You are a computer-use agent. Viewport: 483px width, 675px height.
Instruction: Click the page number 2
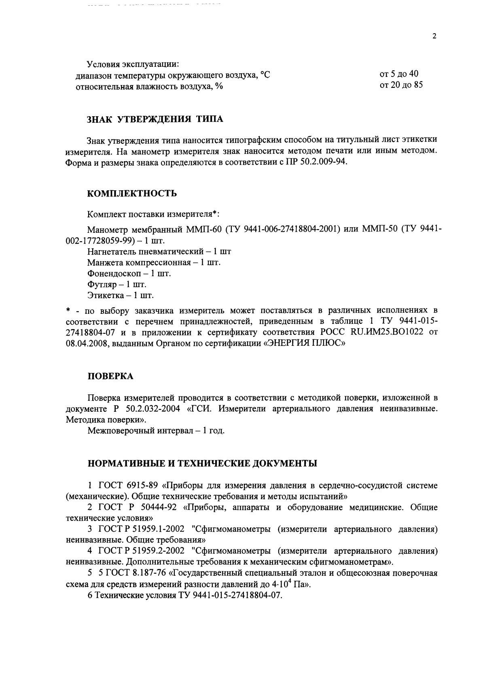pyautogui.click(x=434, y=36)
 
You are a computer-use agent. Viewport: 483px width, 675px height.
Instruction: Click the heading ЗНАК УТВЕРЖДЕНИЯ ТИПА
pyautogui.click(x=155, y=119)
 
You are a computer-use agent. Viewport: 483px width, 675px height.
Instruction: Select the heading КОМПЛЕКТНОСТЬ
pyautogui.click(x=132, y=193)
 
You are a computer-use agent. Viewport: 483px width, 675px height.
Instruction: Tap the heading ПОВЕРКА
pyautogui.click(x=110, y=376)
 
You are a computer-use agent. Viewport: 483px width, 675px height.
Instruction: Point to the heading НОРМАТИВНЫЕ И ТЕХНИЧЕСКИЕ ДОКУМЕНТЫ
pyautogui.click(x=202, y=463)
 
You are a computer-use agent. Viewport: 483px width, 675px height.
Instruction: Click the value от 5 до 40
pyautogui.click(x=398, y=74)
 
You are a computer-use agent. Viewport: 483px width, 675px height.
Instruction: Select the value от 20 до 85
pyautogui.click(x=401, y=85)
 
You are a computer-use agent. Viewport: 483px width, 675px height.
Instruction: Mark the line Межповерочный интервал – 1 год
pyautogui.click(x=156, y=430)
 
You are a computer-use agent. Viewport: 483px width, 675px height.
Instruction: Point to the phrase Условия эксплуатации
pyautogui.click(x=133, y=64)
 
